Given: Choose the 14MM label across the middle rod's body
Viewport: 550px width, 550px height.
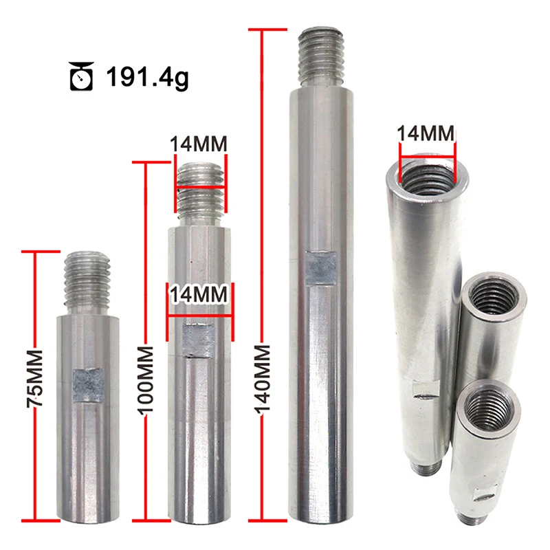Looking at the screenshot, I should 199,294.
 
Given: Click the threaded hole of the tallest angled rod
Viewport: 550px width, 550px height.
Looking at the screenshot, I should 426,180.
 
